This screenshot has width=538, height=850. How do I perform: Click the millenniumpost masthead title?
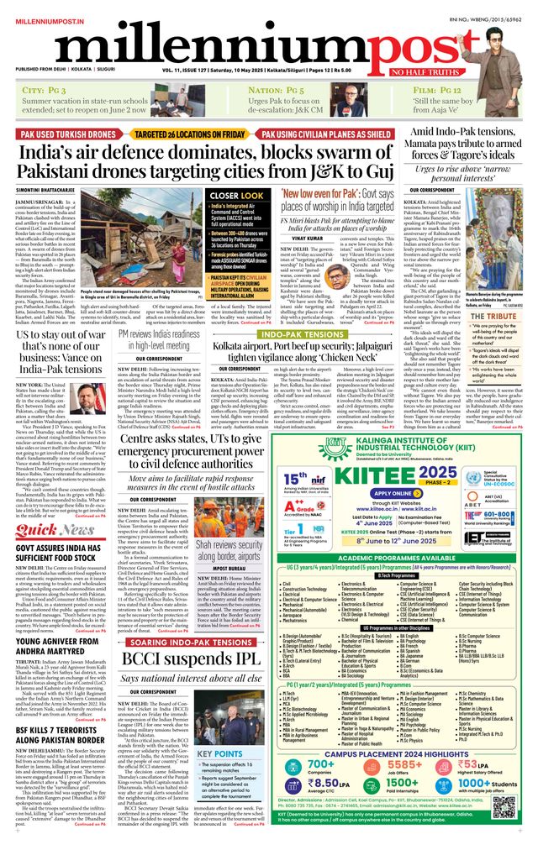click(252, 42)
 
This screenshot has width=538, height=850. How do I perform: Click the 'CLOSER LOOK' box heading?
click(236, 194)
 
